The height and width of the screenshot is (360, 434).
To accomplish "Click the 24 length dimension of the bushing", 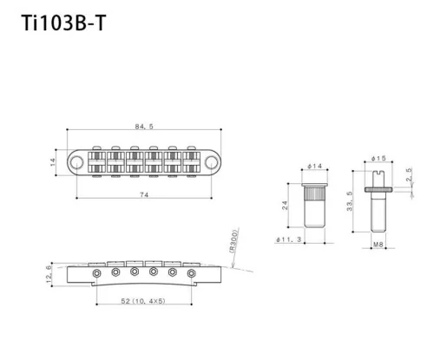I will pyautogui.click(x=286, y=206).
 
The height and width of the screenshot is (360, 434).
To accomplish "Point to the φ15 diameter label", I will pyautogui.click(x=378, y=159).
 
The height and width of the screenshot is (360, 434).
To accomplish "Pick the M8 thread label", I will pyautogui.click(x=378, y=246).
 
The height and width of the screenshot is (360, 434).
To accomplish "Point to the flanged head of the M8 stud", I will pyautogui.click(x=378, y=180).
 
